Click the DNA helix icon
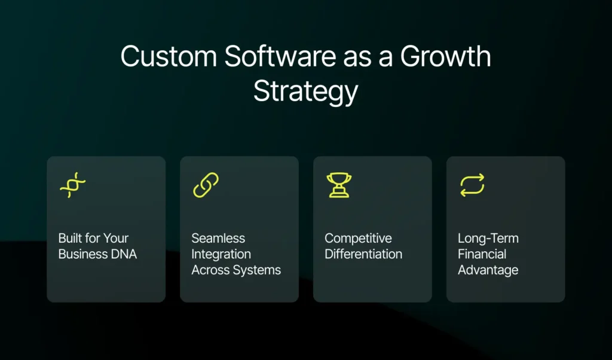73,185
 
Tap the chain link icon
206,185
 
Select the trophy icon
339,185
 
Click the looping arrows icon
472,185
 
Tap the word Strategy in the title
305,91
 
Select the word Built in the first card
71,238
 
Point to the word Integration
221,254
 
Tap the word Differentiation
363,254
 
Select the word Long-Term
488,238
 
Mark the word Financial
482,254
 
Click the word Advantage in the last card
488,270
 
